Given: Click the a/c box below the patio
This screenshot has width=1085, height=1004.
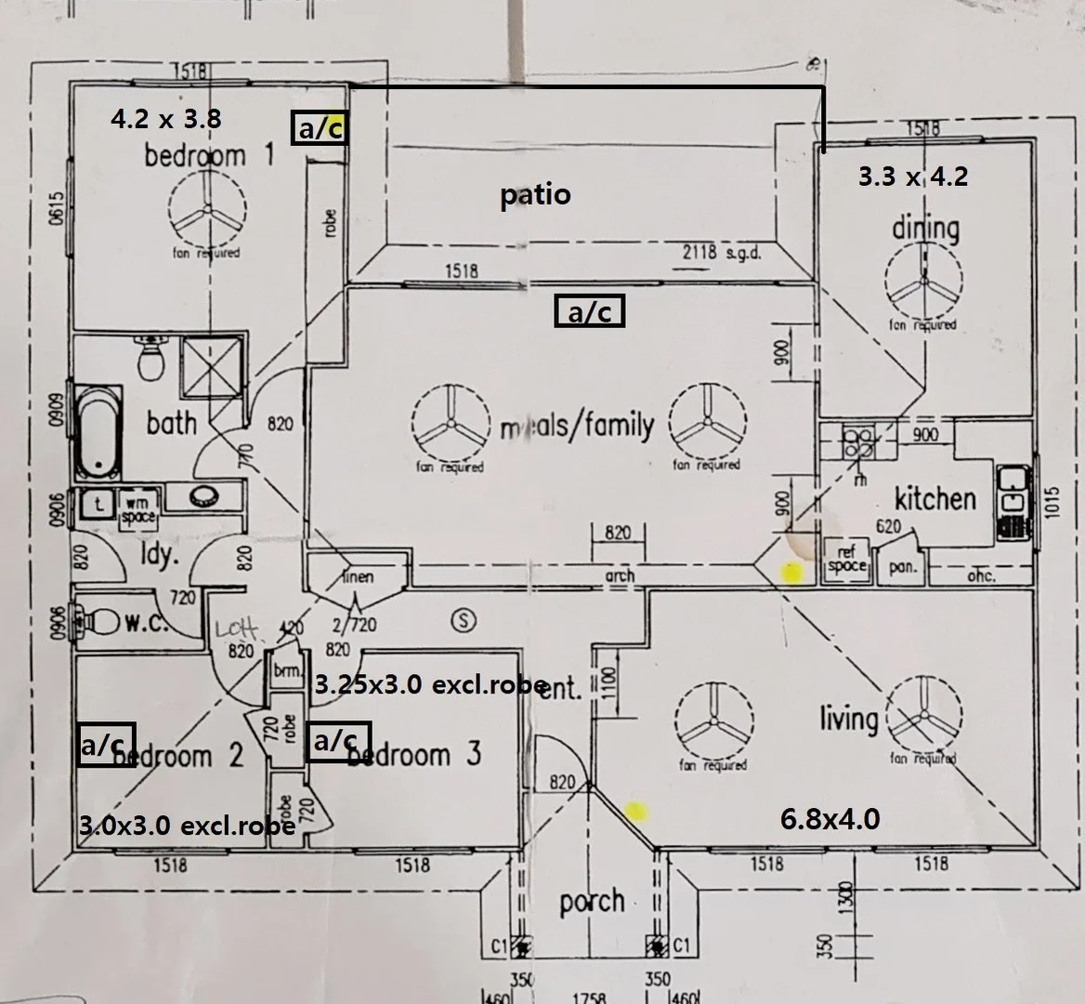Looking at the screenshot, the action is click(589, 311).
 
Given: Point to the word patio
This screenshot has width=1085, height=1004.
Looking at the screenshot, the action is click(535, 195).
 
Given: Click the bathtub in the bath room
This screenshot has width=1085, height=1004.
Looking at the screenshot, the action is click(98, 431).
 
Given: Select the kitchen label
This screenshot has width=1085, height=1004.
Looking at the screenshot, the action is click(935, 498).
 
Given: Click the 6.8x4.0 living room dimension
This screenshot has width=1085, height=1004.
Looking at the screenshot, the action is click(830, 819).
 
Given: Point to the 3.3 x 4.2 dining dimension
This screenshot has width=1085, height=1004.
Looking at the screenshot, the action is click(912, 176).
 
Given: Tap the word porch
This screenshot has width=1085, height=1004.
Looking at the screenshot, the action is click(591, 902).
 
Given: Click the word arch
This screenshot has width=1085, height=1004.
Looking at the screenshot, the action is click(620, 575).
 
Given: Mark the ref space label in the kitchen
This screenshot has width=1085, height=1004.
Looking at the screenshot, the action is click(846, 559).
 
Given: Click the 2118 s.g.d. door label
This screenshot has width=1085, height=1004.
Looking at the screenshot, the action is click(722, 253).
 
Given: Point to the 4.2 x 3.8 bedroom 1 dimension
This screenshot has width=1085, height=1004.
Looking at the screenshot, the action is click(165, 119).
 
